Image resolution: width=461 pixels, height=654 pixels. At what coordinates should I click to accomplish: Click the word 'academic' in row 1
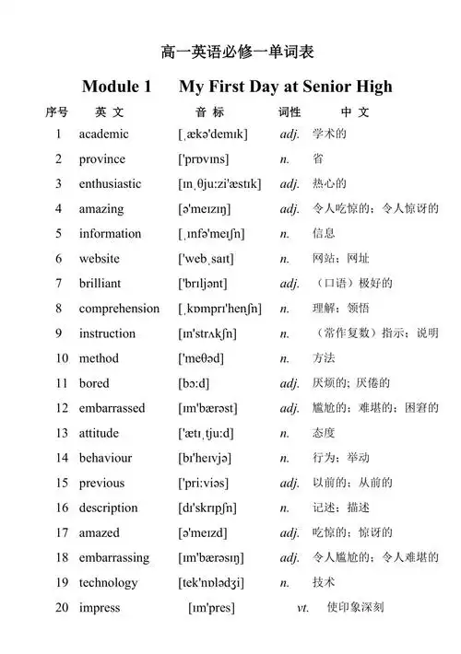[103, 134]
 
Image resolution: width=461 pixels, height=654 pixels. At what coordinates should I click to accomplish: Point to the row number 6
[58, 259]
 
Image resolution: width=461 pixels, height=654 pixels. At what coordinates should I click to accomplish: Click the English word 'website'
[99, 259]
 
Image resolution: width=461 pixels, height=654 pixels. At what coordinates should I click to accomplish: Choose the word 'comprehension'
[119, 309]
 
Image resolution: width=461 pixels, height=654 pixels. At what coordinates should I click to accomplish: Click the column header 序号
[56, 112]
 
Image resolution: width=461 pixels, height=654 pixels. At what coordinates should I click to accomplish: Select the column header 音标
[209, 112]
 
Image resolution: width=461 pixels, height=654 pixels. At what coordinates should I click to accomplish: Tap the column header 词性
[290, 112]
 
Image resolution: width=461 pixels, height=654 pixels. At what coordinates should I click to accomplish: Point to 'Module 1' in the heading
[116, 87]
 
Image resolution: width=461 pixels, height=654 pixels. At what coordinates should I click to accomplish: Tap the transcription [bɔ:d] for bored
[195, 383]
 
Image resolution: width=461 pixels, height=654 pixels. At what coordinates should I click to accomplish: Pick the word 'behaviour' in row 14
[105, 458]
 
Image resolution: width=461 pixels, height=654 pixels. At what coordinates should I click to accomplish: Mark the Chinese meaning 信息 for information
[324, 234]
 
